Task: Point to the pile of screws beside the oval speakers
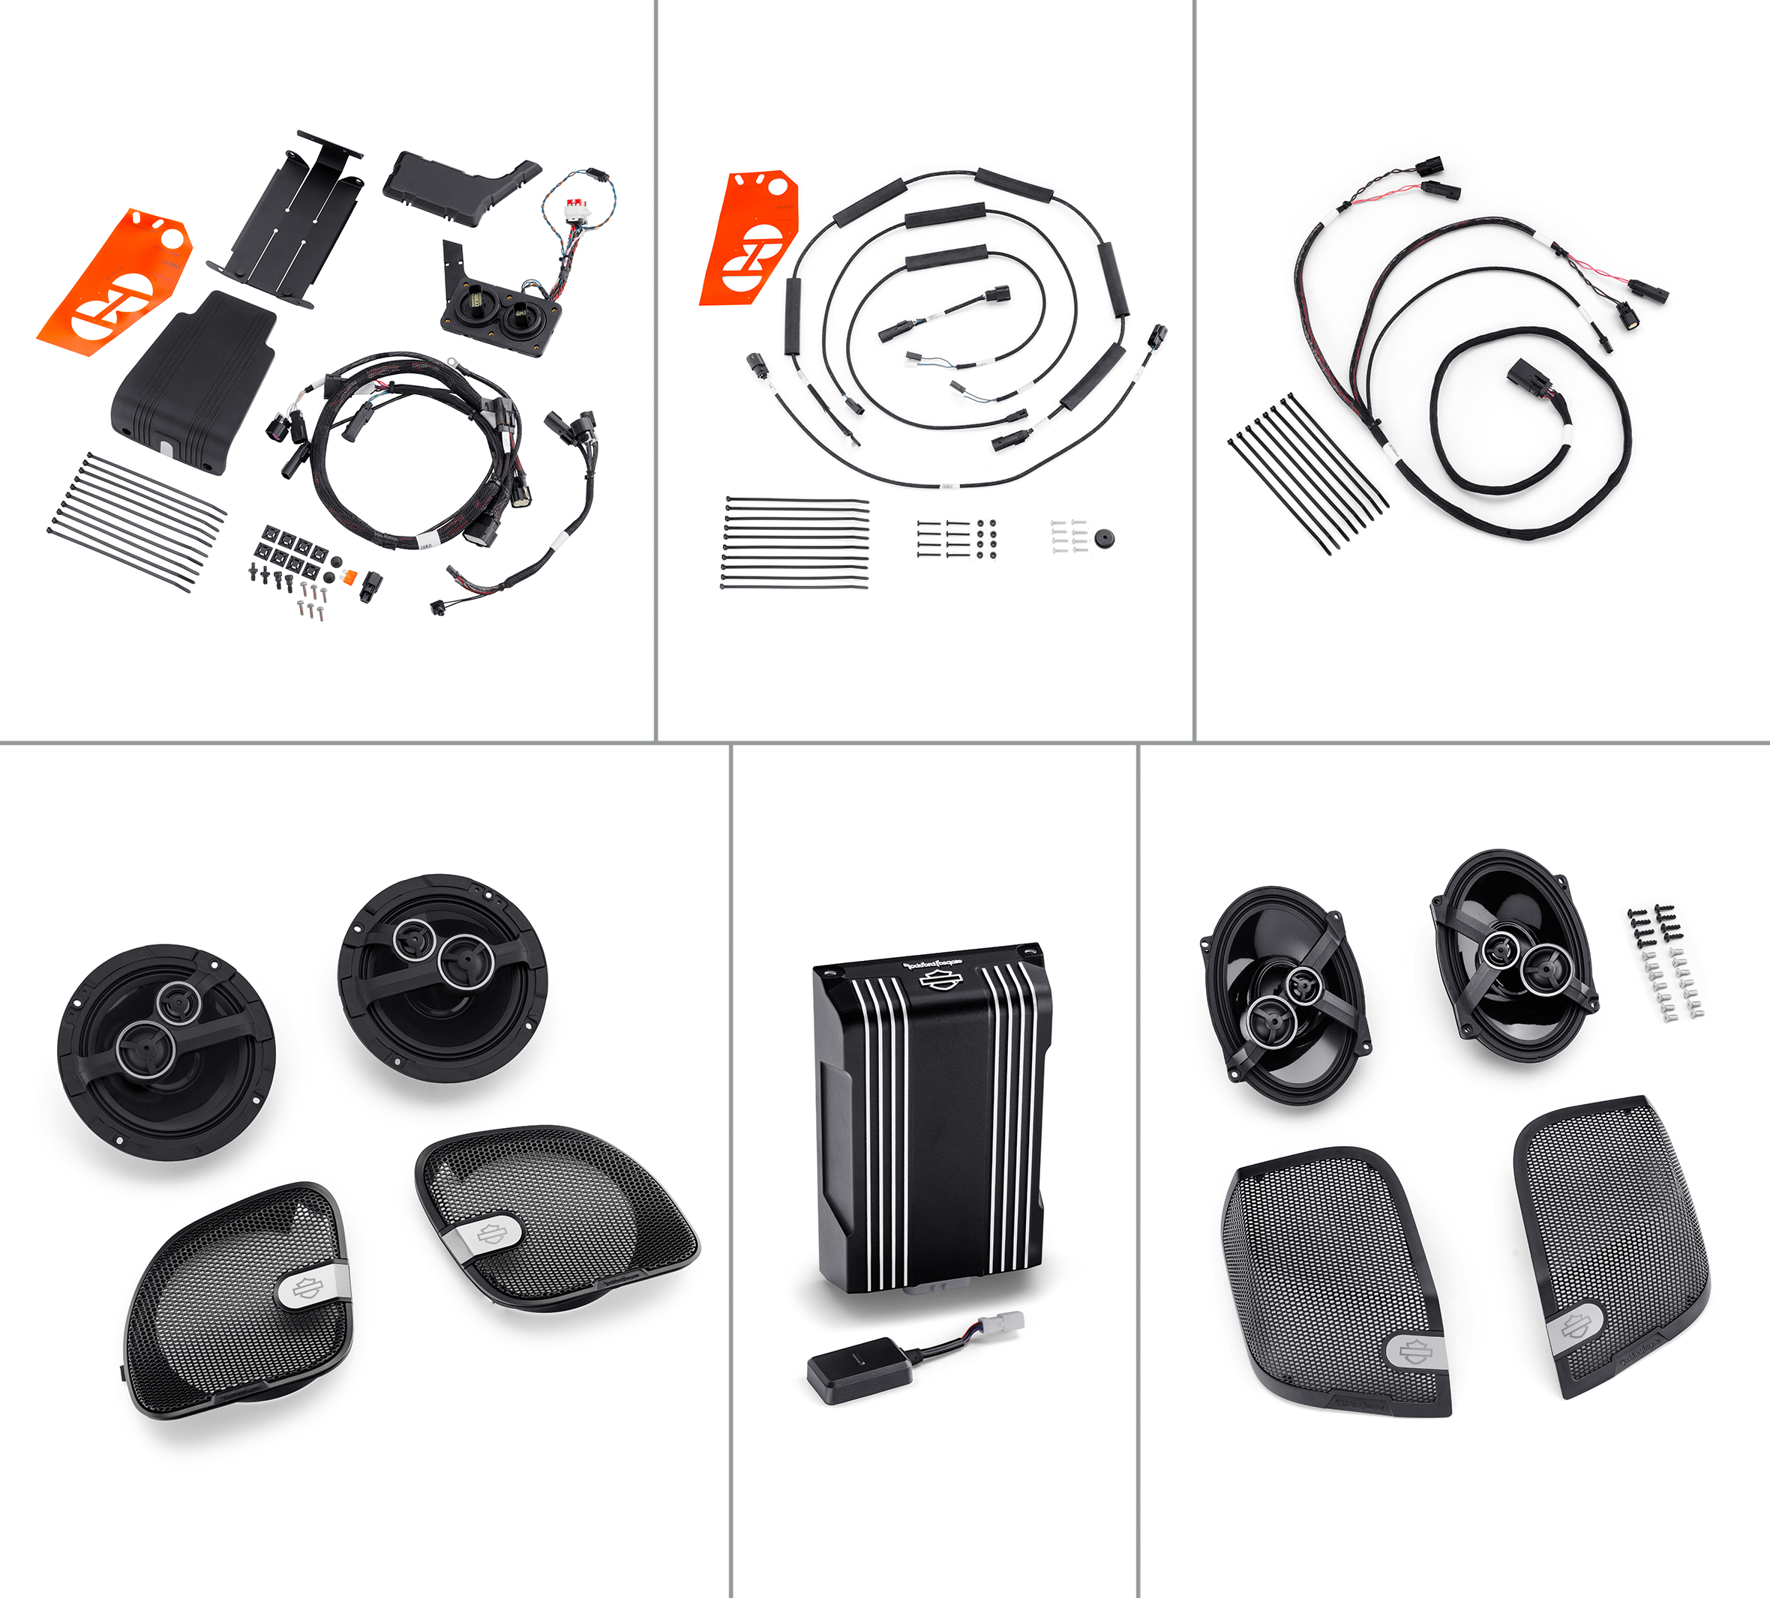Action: point(1665,962)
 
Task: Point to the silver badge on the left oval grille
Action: point(1416,1352)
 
